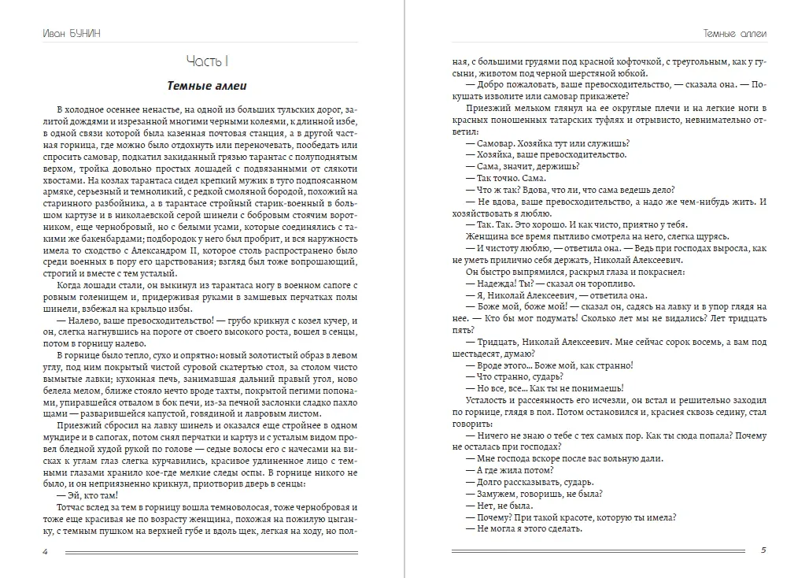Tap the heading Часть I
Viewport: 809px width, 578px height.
(x=207, y=61)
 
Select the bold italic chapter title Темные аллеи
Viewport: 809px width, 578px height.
(x=207, y=86)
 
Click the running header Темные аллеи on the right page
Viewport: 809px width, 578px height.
(x=733, y=33)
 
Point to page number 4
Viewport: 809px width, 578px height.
(x=46, y=550)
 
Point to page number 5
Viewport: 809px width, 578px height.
(x=763, y=550)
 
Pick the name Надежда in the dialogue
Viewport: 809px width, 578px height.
(x=495, y=283)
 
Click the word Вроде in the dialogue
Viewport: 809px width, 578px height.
(x=493, y=365)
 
